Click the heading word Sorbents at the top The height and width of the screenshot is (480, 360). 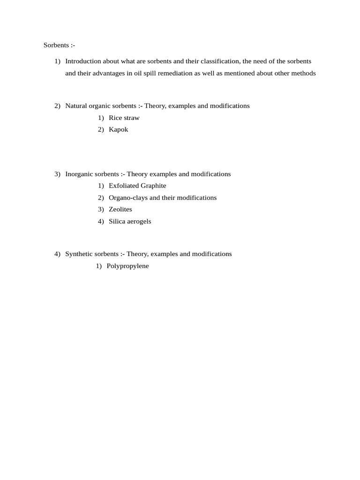coord(56,45)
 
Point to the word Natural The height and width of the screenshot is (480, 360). coord(76,106)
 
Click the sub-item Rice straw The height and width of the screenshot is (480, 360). coord(124,118)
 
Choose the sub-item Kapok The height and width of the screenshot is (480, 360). coord(118,130)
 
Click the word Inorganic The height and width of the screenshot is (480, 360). coord(79,174)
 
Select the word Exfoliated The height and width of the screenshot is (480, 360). coord(124,186)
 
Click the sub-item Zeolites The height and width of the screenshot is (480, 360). coord(120,210)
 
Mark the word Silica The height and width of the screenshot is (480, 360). coord(117,222)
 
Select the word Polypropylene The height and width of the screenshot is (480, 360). coord(127,266)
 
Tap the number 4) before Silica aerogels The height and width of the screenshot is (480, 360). coord(101,222)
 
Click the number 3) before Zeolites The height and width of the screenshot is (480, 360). coord(101,210)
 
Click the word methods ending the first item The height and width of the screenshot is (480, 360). coord(303,73)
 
